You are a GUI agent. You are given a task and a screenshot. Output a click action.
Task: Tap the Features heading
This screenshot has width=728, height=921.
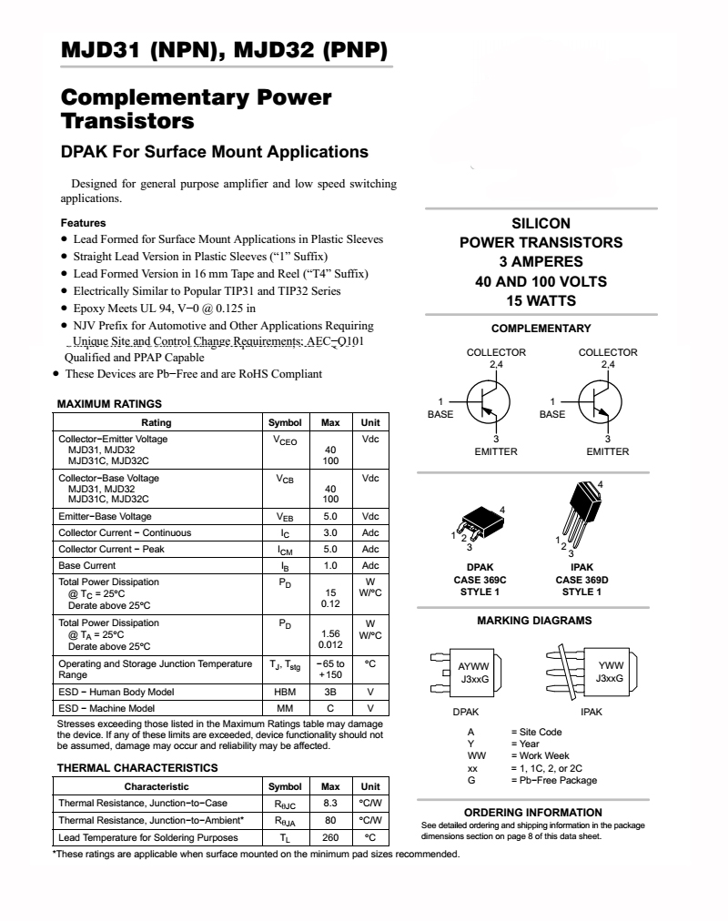pos(83,223)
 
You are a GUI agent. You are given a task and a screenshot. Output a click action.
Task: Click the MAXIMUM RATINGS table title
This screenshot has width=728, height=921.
pos(109,403)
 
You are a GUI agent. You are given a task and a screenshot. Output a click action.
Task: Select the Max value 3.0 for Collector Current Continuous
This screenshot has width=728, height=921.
pos(330,532)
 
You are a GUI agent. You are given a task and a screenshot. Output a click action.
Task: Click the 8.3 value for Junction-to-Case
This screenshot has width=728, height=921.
pos(330,803)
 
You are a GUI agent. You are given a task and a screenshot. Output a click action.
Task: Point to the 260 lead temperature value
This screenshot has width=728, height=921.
pos(330,837)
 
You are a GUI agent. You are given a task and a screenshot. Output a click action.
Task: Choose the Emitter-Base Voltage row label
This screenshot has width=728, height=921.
pos(105,516)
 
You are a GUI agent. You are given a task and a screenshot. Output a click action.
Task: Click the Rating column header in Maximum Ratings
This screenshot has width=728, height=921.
pos(157,422)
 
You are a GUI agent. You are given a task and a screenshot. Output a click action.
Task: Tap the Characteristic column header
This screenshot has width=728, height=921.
pos(157,786)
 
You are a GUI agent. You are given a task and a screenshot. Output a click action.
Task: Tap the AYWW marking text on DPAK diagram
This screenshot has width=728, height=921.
pos(473,666)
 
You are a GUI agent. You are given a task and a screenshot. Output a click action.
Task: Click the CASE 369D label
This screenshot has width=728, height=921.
pos(581,580)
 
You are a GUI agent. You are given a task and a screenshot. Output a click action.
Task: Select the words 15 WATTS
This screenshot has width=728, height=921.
pos(541,301)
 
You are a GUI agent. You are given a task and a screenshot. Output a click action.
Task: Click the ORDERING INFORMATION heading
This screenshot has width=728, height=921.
pos(533,812)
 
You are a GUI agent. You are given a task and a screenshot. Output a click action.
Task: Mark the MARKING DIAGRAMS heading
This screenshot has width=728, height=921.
pos(534,621)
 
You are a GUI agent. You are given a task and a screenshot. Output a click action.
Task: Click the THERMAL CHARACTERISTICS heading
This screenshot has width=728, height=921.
pos(137,767)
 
